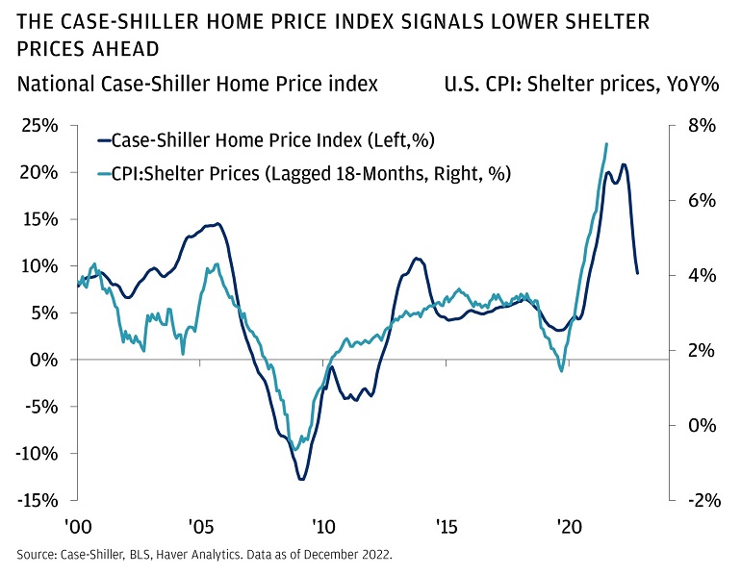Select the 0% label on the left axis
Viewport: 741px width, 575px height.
tap(50, 360)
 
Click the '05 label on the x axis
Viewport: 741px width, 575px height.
tap(200, 527)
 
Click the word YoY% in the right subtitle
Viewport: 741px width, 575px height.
tap(693, 85)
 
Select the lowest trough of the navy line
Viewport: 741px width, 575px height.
tap(301, 479)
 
